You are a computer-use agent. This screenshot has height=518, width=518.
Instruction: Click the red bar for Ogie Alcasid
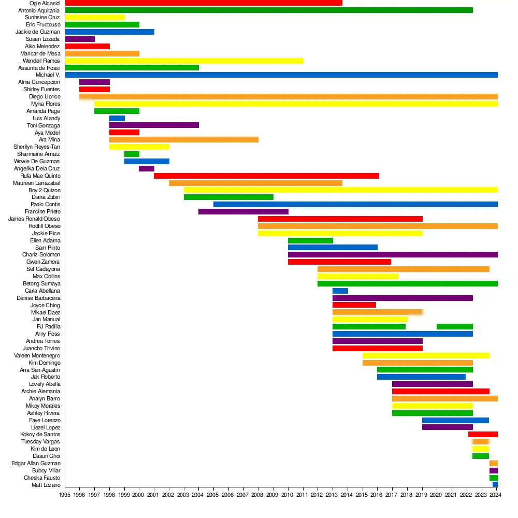pos(204,3)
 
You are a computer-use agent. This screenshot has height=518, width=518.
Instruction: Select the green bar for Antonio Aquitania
pos(269,10)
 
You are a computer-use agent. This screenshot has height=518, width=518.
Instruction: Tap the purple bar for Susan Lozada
pos(80,39)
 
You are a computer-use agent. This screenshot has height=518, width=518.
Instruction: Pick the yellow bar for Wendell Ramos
pos(184,61)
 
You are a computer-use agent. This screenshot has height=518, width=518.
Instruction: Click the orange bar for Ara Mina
pos(183,139)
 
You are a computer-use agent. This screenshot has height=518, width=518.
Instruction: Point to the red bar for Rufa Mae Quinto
pos(266,176)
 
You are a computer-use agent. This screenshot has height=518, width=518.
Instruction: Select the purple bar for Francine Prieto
pos(243,211)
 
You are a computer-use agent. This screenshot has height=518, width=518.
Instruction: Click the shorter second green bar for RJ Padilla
pos(455,326)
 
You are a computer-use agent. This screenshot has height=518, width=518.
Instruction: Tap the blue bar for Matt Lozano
pos(495,485)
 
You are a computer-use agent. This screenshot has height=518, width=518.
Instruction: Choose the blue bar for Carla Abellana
pos(340,291)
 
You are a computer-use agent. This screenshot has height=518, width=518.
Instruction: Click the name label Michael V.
pos(48,75)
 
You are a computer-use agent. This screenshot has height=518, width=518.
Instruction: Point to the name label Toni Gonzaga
pos(44,125)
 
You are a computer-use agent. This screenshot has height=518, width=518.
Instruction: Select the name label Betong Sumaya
pos(41,283)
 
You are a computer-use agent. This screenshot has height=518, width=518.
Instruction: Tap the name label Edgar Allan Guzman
pos(36,463)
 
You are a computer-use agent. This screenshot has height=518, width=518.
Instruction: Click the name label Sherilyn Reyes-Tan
pos(37,147)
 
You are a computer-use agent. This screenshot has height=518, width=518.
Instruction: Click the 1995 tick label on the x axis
pos(65,495)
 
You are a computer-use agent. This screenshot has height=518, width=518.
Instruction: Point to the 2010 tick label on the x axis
pos(287,495)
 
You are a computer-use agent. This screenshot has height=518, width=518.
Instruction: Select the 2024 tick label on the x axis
pos(496,495)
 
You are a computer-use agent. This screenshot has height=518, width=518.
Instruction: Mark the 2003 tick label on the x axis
pos(183,495)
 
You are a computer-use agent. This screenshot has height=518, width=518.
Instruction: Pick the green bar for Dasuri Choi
pos(481,456)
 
